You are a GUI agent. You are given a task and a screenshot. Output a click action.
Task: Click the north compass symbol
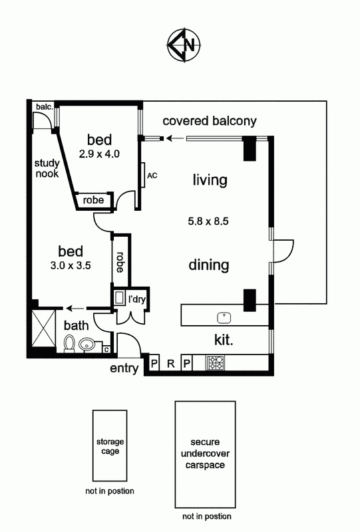pos(184,45)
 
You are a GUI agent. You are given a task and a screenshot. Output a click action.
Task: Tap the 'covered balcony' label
pos(210,121)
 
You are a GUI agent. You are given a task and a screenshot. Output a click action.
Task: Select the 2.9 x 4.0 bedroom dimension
pos(99,154)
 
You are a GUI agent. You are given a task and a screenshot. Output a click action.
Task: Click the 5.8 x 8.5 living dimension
pos(208,221)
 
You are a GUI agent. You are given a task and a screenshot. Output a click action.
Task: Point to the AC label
pos(152,176)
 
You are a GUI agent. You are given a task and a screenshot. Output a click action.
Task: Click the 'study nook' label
pos(47,168)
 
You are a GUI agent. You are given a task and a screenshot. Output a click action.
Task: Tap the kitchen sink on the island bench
pos(224,318)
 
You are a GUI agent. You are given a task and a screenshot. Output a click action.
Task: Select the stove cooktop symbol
pos(216,362)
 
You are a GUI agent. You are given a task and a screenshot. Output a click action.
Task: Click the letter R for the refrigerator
pos(171,364)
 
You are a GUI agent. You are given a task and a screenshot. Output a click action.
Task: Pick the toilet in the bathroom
pos(70,344)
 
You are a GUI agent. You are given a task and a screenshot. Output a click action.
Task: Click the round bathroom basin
pos(87,345)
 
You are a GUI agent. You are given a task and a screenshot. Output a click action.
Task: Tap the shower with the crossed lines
pos(43,328)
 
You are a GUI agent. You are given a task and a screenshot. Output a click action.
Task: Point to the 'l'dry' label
pos(137,299)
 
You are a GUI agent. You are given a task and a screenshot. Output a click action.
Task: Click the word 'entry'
pos(124,368)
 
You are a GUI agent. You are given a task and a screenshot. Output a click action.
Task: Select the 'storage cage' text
pos(110,446)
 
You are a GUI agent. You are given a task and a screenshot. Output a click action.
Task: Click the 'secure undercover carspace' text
pos(205,454)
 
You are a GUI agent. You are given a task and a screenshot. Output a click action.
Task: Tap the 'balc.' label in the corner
pos(45,107)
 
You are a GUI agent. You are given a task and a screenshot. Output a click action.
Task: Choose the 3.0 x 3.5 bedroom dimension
pos(71,265)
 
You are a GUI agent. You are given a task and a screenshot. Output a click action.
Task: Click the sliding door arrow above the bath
pos(75,309)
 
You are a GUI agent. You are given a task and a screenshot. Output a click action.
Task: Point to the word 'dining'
pos(209,265)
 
